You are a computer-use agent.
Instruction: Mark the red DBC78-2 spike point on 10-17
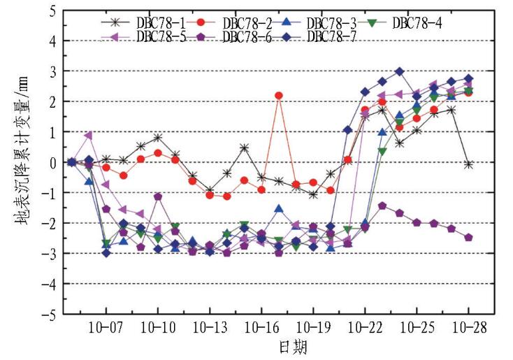tap(279, 95)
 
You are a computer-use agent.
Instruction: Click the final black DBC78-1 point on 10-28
tap(468, 164)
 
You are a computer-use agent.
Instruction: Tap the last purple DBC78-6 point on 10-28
tap(468, 238)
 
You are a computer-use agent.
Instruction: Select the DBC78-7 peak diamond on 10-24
tap(399, 71)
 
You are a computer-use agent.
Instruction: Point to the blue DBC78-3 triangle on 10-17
tap(279, 208)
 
